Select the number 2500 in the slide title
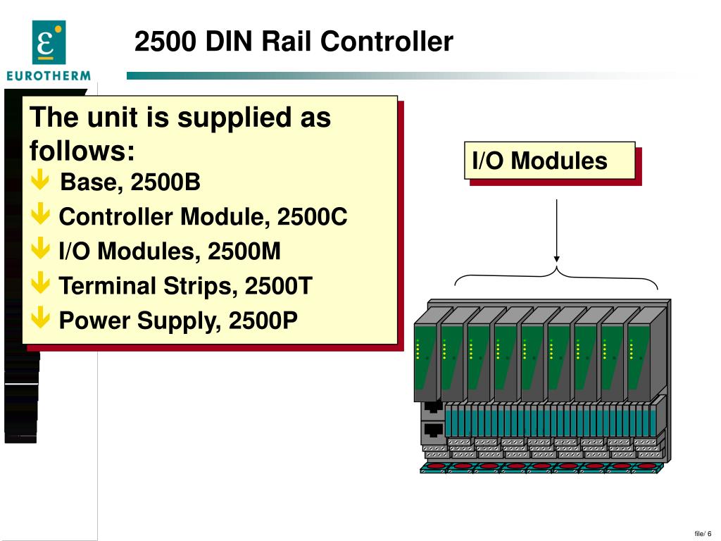(x=165, y=42)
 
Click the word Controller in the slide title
(x=387, y=42)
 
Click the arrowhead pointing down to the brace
(x=557, y=257)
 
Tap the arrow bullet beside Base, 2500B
(x=41, y=182)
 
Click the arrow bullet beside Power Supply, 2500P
(x=41, y=320)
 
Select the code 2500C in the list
(x=312, y=217)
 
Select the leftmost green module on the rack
(x=427, y=363)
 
